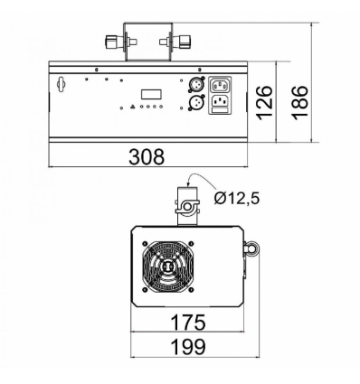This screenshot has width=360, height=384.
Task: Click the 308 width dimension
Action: (146, 157)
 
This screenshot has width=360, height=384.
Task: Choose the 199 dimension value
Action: (188, 346)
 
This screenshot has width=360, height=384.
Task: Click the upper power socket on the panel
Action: (223, 86)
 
